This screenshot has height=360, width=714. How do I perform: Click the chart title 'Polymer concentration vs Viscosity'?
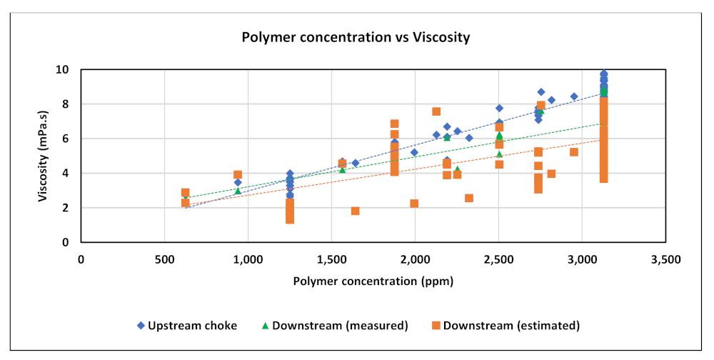coord(356,38)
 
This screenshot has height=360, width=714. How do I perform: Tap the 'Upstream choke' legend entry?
coord(187,326)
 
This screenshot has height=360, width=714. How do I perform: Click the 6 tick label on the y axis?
coord(66,139)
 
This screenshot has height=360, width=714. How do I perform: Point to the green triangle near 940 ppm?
coord(238,191)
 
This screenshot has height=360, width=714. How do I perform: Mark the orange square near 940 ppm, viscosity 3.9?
coord(238,174)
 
